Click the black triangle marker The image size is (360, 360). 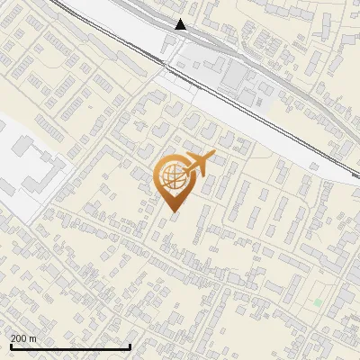pyautogui.click(x=181, y=24)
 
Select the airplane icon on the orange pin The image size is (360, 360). pyautogui.click(x=200, y=163)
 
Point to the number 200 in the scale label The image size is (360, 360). pyautogui.click(x=19, y=338)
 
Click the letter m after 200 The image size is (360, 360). pyautogui.click(x=33, y=338)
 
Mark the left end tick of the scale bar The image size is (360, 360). pyautogui.click(x=11, y=346)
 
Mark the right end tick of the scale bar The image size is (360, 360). pyautogui.click(x=130, y=346)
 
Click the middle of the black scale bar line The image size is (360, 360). pyautogui.click(x=70, y=347)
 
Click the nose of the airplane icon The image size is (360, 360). pyautogui.click(x=213, y=157)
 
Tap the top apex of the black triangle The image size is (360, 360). pyautogui.click(x=181, y=19)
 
